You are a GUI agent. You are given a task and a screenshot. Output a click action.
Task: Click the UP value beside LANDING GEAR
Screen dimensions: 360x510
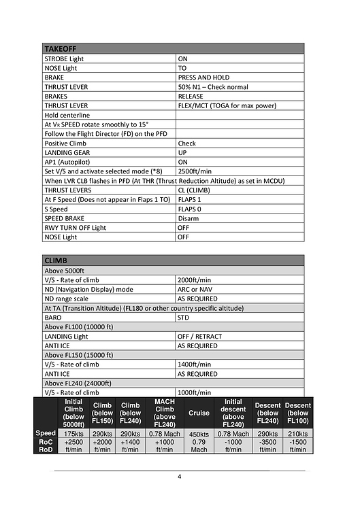click(x=182, y=153)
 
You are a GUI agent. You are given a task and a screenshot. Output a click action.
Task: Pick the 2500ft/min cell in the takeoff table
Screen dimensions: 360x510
click(x=195, y=171)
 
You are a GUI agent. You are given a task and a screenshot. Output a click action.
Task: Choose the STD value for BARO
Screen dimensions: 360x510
click(x=184, y=317)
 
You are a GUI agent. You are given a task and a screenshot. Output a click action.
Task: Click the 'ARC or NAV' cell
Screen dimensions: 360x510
click(x=197, y=289)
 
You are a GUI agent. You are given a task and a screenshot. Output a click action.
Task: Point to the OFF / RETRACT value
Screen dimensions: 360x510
click(x=203, y=336)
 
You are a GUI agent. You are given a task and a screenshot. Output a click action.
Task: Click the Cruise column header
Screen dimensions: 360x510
click(x=199, y=413)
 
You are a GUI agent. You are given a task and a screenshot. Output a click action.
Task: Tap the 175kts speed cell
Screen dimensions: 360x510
click(x=73, y=433)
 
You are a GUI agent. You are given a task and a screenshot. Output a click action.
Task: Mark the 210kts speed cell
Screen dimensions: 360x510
click(x=298, y=433)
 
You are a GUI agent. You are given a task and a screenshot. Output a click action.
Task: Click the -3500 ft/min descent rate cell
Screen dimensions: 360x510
click(x=267, y=445)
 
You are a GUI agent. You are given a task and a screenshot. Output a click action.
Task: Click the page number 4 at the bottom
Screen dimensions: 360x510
click(x=180, y=476)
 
